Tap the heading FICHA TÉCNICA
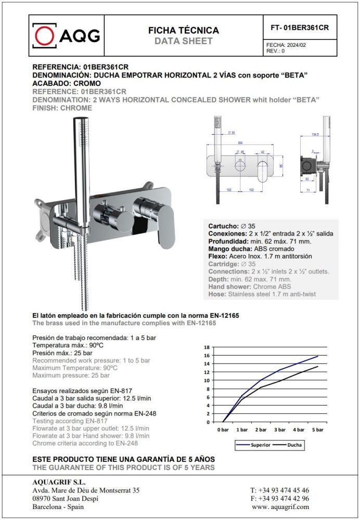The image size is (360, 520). (184, 31)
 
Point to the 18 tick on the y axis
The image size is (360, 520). (207, 347)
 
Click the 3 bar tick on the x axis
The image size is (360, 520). (280, 430)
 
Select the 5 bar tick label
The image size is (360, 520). (317, 430)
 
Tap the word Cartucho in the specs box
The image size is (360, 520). (224, 226)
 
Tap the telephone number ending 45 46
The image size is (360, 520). (279, 490)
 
